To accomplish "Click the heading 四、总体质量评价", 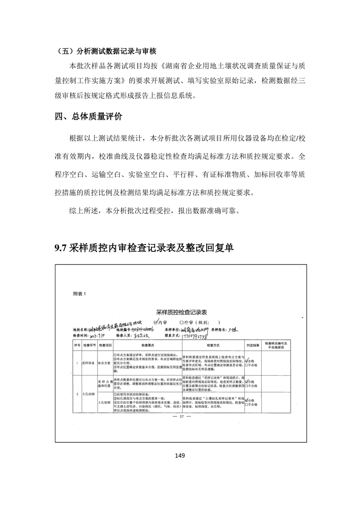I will click(88, 117).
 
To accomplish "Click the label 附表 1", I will click(79, 294).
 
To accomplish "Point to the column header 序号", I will click(77, 345).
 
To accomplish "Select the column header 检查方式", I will click(213, 345).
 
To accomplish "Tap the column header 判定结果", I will click(253, 345).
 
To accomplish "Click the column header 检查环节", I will click(88, 345).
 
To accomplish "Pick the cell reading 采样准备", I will click(88, 363).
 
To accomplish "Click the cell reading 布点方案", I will click(105, 363).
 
